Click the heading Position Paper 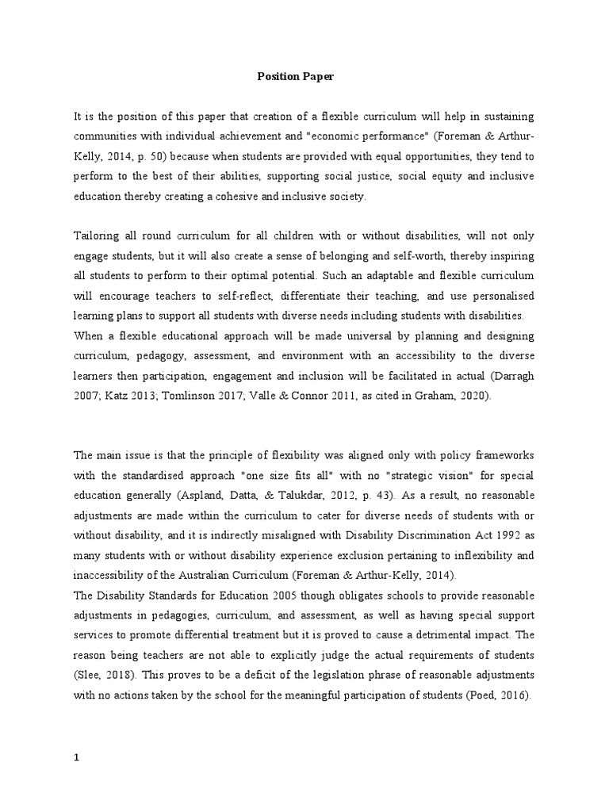click(295, 77)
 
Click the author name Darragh click(511, 376)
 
